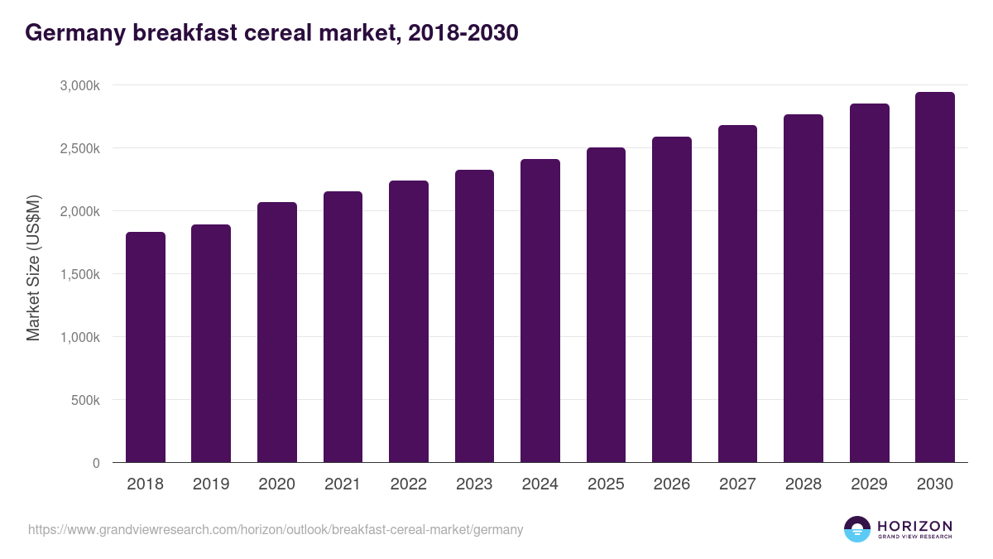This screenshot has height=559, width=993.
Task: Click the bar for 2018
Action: tap(146, 348)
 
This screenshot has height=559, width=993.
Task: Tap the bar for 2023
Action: tap(474, 316)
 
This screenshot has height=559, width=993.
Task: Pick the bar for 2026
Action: tap(672, 300)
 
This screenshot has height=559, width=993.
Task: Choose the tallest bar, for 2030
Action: tap(935, 277)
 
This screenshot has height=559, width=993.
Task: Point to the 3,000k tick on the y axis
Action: tap(80, 85)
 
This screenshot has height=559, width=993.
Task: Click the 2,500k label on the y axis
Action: tap(80, 148)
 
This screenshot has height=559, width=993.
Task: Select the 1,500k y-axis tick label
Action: tap(80, 274)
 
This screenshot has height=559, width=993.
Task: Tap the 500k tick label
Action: tap(85, 400)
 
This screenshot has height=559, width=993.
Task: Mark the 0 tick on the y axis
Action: tap(96, 463)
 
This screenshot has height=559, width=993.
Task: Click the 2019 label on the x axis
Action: tap(211, 484)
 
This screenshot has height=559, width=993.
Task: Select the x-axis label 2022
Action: tap(408, 484)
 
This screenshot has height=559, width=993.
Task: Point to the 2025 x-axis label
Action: tap(606, 484)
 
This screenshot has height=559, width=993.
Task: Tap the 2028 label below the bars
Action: tap(804, 484)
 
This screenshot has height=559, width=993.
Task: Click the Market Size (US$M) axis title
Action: tap(33, 269)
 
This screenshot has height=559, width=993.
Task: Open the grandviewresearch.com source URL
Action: tap(276, 529)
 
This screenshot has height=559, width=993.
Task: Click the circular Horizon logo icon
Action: tap(857, 529)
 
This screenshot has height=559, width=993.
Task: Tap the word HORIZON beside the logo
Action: tap(914, 526)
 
